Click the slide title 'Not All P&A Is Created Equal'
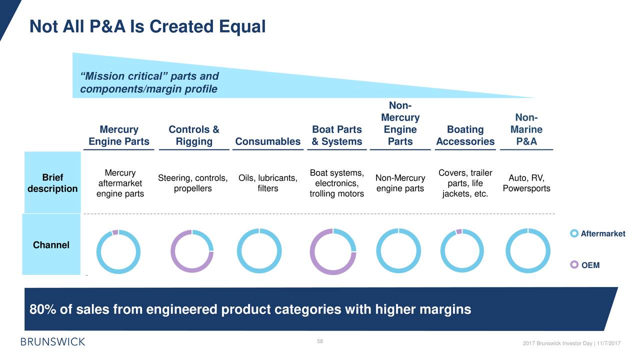click(x=147, y=26)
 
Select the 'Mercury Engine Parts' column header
click(x=119, y=135)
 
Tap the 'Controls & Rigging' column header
click(x=194, y=135)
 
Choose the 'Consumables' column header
click(x=267, y=141)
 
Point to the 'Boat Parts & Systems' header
click(x=337, y=135)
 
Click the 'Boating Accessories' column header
click(x=465, y=135)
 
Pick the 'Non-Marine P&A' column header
click(x=526, y=129)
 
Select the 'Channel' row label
click(x=51, y=245)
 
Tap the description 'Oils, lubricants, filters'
click(x=267, y=183)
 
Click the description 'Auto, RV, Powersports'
click(x=526, y=183)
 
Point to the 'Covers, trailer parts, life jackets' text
click(x=465, y=183)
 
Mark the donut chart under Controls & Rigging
click(x=192, y=251)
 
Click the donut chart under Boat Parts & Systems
click(x=333, y=251)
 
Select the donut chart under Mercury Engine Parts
click(x=118, y=251)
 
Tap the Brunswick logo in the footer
click(x=52, y=341)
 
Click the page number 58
click(x=320, y=341)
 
